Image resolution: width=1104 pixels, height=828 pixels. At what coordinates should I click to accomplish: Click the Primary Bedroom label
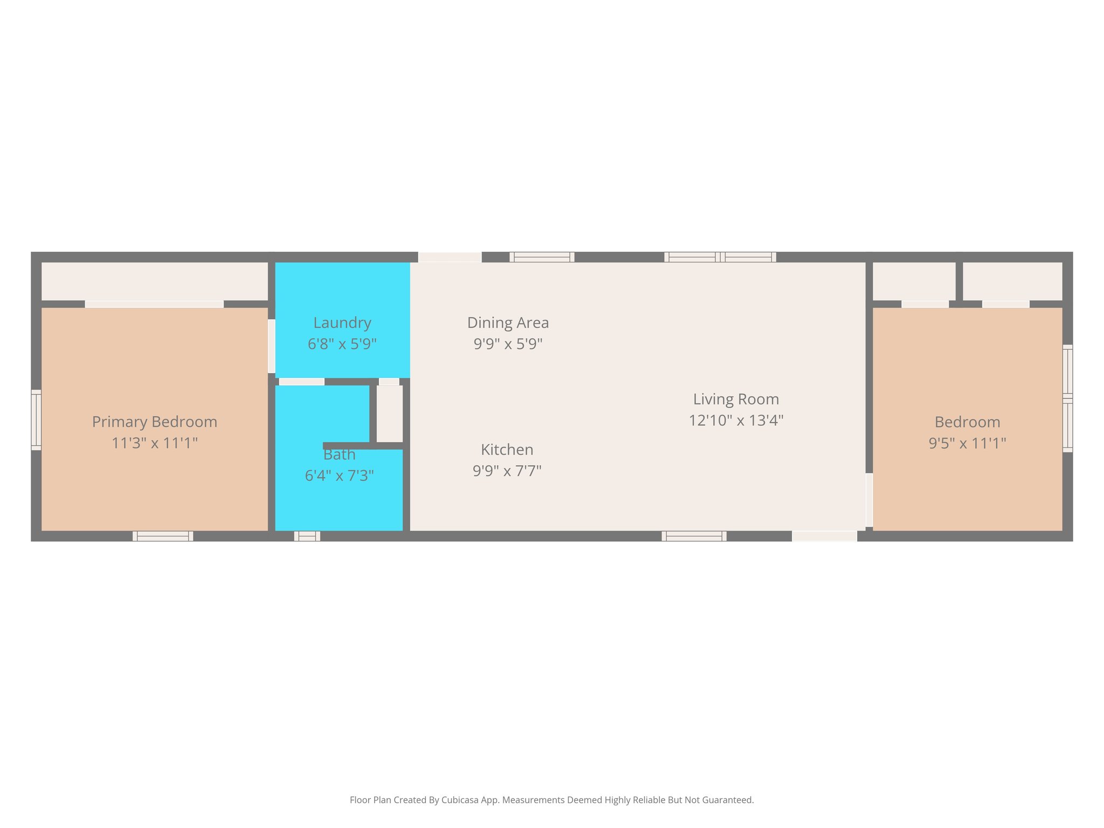155,422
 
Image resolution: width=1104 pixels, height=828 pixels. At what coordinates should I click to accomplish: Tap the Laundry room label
342,323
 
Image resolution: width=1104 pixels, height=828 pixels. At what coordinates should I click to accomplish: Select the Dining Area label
508,323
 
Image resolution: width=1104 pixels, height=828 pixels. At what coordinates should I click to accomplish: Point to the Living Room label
736,399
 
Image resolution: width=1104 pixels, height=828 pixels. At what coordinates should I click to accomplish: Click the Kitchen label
507,450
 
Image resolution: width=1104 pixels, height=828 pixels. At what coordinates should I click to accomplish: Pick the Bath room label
339,455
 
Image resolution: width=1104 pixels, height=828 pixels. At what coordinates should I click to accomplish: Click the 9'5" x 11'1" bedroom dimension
967,443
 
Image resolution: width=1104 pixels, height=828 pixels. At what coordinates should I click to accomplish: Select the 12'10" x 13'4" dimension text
736,420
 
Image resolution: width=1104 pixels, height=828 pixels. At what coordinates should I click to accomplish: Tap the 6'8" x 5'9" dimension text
342,344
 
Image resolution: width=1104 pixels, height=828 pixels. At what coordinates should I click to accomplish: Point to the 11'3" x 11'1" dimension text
155,443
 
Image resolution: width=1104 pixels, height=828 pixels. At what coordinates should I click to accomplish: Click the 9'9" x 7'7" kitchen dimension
507,471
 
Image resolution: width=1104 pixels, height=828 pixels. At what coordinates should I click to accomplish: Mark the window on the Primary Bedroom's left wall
36,420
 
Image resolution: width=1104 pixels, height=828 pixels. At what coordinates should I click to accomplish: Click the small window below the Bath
307,536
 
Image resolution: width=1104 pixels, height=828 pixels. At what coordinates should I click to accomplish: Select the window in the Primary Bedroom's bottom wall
163,536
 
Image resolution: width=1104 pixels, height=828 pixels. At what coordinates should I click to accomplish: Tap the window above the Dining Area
542,257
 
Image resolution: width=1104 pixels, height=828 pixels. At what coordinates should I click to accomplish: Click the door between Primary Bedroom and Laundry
272,346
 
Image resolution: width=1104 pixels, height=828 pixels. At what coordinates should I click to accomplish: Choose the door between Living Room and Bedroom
869,500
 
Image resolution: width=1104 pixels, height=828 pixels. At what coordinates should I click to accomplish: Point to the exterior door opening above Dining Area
450,257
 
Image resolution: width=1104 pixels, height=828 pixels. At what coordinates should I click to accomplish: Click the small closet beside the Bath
389,413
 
